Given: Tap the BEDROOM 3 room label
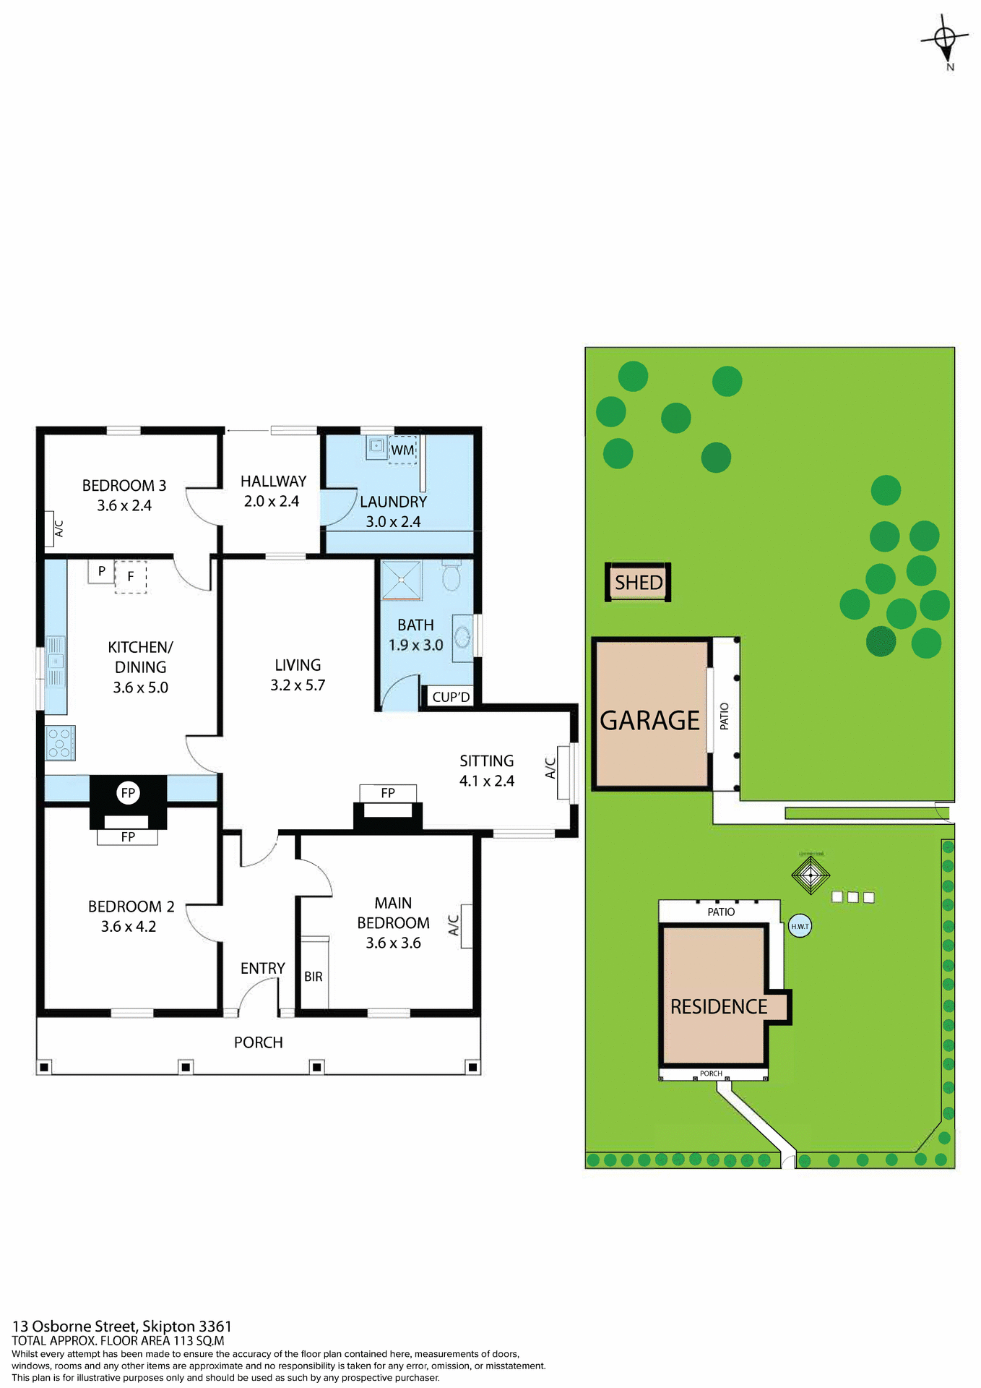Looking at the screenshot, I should [x=124, y=486].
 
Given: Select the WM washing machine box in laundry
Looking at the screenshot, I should [x=402, y=450].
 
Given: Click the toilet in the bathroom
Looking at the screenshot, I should [x=451, y=575].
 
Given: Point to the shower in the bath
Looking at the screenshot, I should [x=400, y=580].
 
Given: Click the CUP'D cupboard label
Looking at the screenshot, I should [x=451, y=698].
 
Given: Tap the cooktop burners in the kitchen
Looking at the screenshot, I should [x=60, y=743].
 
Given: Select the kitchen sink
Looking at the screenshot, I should [x=56, y=661].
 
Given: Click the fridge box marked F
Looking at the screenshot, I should [x=131, y=577].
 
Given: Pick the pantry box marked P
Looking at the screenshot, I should [x=101, y=571].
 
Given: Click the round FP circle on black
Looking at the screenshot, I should [x=128, y=793].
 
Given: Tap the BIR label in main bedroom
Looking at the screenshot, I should [x=314, y=977].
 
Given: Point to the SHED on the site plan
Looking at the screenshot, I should [x=639, y=583].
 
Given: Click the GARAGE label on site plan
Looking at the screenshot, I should [x=649, y=721].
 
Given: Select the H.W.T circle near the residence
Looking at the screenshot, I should [x=800, y=926].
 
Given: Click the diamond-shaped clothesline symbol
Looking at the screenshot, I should [x=811, y=875].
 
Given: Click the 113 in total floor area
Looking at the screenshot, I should [x=183, y=1341].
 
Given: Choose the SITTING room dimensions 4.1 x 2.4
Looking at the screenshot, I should [x=487, y=781].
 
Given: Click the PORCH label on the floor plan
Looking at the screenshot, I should [x=258, y=1042].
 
